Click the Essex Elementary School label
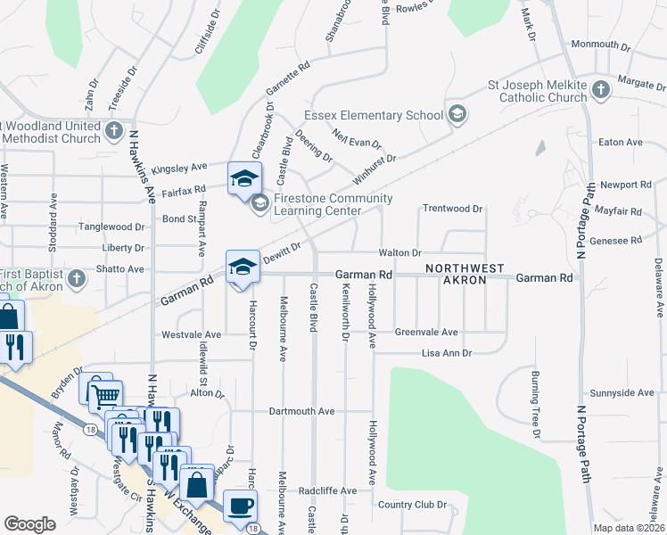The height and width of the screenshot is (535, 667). (x=374, y=115)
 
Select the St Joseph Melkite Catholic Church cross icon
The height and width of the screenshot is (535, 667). (x=600, y=89)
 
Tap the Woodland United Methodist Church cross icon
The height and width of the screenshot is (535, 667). (x=113, y=132)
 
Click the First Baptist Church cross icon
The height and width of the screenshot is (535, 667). (x=78, y=279)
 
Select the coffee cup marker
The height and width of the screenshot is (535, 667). (x=240, y=506)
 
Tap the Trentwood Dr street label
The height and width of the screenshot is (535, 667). (x=452, y=209)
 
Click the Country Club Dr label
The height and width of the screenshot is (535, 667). (x=411, y=505)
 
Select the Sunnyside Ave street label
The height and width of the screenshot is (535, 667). (x=622, y=393)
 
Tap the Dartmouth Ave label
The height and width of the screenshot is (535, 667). (x=301, y=412)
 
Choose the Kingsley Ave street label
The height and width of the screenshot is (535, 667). (x=178, y=167)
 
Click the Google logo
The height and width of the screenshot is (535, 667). (x=29, y=524)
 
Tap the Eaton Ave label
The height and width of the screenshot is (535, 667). (x=621, y=142)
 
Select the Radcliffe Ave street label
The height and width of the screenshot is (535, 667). (x=327, y=491)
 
